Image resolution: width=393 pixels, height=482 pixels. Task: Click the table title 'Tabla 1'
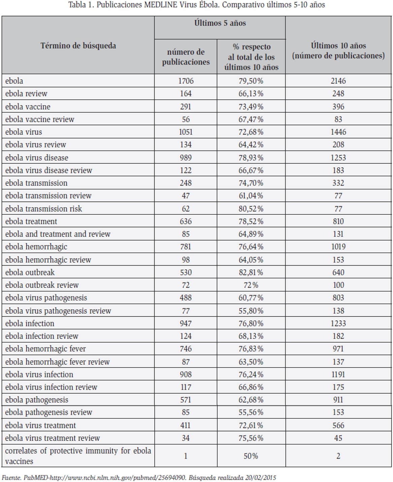tap(81, 5)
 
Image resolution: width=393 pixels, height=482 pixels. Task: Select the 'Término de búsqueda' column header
tap(78, 46)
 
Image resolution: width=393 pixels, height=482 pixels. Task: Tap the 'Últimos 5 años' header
tap(220, 23)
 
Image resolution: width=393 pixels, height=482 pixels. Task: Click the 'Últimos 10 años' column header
tap(338, 51)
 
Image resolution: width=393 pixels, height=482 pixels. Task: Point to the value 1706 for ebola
tap(186, 81)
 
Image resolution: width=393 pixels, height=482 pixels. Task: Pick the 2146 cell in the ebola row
tap(338, 81)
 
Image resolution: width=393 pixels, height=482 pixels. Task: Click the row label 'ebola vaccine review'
tap(40, 119)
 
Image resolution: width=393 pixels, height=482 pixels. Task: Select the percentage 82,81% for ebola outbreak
tap(251, 272)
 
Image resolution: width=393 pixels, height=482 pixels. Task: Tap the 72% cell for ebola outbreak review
tap(251, 285)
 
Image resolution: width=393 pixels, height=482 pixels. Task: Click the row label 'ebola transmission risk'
tap(43, 208)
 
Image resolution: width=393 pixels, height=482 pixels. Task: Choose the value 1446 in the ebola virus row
tap(338, 132)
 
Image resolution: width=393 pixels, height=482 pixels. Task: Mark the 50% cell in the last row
tap(251, 456)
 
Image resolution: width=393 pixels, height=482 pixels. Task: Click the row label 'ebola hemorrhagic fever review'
tap(57, 361)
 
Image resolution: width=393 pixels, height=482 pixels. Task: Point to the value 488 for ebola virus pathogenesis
tap(186, 298)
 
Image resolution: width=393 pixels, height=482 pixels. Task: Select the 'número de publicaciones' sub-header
tap(186, 57)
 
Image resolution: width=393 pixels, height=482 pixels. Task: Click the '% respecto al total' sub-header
tap(251, 57)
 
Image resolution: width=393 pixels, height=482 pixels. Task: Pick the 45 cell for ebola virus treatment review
tap(338, 438)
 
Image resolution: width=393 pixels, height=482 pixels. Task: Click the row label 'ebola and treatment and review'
tap(58, 234)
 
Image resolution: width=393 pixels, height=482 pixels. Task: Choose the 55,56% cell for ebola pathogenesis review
tap(251, 412)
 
